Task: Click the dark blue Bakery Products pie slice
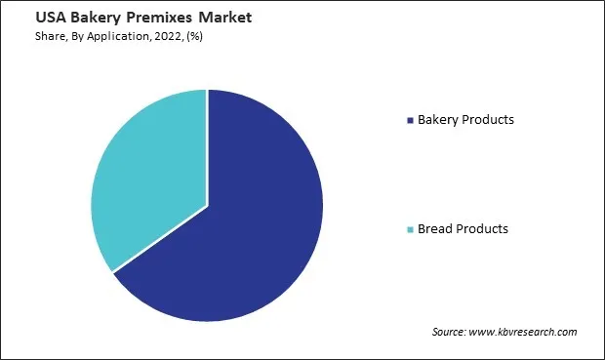pos(244,234)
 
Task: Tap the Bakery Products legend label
pos(465,120)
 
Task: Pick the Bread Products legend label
pos(463,229)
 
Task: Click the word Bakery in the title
pos(72,18)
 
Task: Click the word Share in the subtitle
pos(30,36)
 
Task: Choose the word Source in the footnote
pos(451,333)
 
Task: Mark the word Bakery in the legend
pos(438,120)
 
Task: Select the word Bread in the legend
pos(435,229)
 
